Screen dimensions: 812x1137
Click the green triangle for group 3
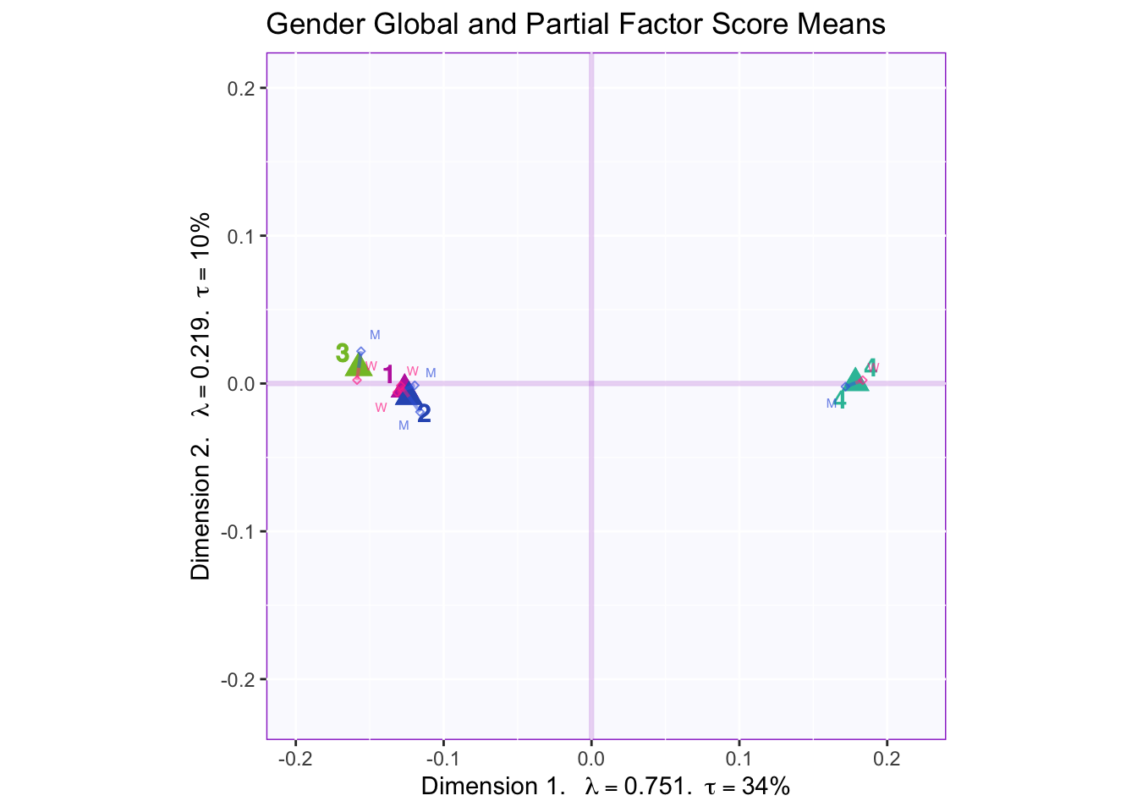[x=358, y=365]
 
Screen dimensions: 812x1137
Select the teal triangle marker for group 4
[x=855, y=380]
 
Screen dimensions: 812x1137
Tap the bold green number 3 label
[x=342, y=353]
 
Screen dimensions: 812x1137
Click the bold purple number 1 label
[x=388, y=375]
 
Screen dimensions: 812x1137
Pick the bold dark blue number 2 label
[x=425, y=414]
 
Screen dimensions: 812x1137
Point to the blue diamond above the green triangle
[x=361, y=351]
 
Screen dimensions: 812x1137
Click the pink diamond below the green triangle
[x=357, y=380]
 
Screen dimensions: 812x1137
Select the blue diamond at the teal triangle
[x=845, y=387]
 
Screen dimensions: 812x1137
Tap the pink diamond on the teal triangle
[x=863, y=380]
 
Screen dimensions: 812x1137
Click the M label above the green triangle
[x=375, y=335]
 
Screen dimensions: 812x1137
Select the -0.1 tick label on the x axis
[x=443, y=755]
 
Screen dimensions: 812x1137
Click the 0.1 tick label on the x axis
[x=739, y=755]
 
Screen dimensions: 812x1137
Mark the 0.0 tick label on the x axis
[x=591, y=755]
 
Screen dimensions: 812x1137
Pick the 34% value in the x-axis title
[x=766, y=787]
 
